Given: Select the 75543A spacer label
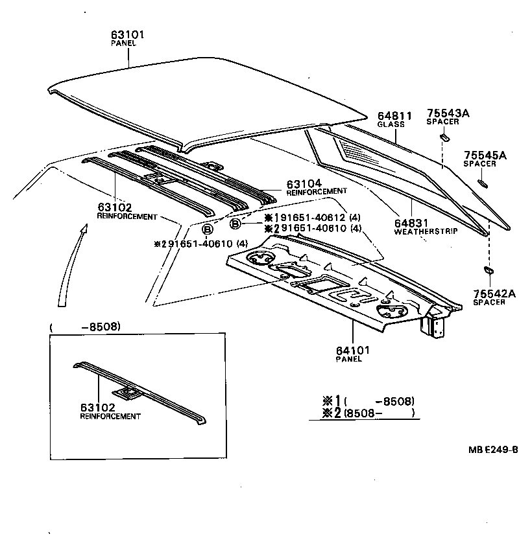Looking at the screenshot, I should point(448,113).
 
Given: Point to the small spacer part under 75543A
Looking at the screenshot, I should point(445,137).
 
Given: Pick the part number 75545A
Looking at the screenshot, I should point(485,156).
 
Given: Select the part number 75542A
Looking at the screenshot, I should point(494,294).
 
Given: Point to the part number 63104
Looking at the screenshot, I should point(305,184).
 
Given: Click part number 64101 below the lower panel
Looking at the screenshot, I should point(353,351).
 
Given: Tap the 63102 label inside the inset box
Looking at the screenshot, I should point(97,408).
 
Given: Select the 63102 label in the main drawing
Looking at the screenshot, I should point(115,207).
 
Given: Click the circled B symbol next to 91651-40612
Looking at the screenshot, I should point(235,224).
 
